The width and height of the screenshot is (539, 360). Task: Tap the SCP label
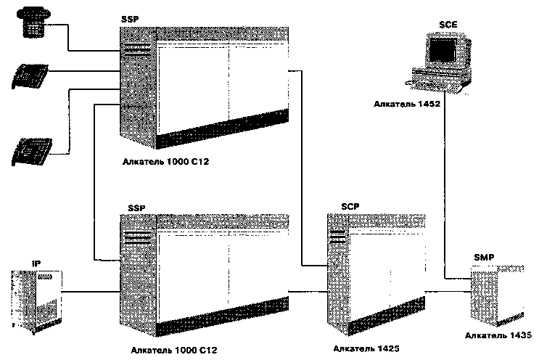[x=350, y=208]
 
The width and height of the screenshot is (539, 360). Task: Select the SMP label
[x=485, y=258]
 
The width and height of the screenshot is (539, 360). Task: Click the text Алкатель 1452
[x=403, y=105]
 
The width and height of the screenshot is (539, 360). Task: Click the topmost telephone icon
[x=32, y=20]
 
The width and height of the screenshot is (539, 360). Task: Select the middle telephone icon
[x=30, y=75]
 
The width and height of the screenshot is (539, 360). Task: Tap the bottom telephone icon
[x=31, y=151]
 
